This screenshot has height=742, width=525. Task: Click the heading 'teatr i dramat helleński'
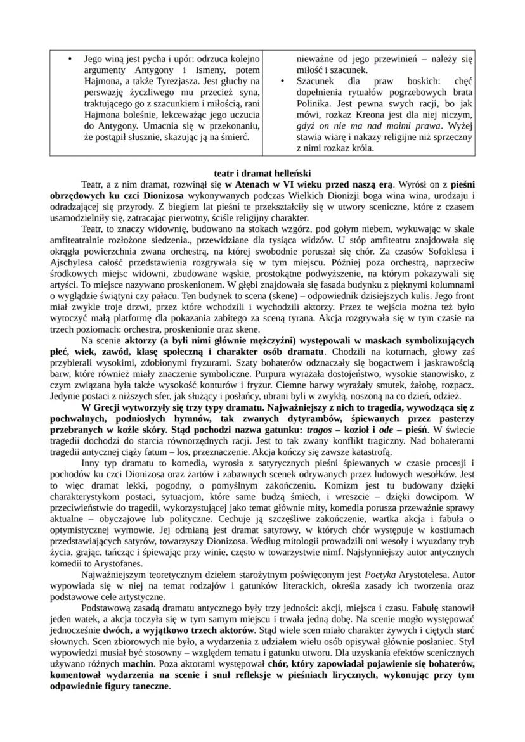tap(262, 172)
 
